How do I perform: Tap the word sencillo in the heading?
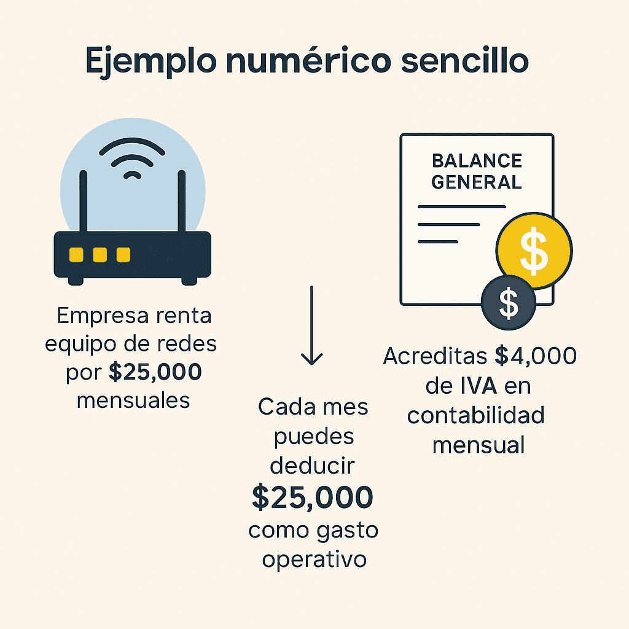click(466, 61)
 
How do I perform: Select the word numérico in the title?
click(322, 61)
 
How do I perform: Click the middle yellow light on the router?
click(100, 254)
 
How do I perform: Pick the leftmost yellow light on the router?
click(77, 254)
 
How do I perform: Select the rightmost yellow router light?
click(123, 254)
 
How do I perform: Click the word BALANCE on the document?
click(477, 161)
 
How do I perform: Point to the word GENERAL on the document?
click(477, 182)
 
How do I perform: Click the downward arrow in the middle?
click(312, 326)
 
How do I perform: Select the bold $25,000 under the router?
click(156, 372)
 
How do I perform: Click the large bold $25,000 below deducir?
click(313, 498)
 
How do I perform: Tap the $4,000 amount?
click(536, 356)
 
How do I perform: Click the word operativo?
click(314, 560)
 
